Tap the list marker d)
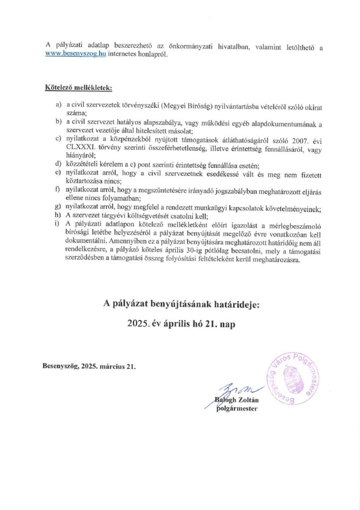(x=58, y=162)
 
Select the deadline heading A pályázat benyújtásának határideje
(x=181, y=303)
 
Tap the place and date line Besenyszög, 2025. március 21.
(x=89, y=367)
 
